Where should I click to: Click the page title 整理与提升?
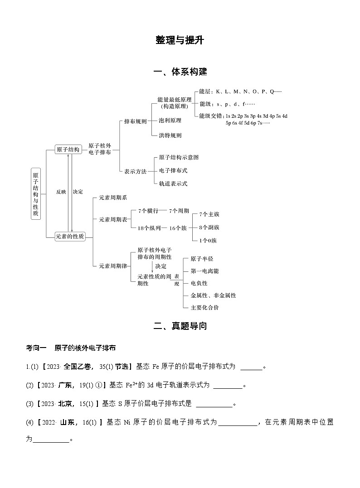(x=180, y=40)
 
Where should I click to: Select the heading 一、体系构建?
(x=180, y=72)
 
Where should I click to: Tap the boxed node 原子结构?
(x=68, y=150)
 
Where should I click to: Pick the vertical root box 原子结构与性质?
(x=36, y=194)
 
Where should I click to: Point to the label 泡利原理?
(x=170, y=121)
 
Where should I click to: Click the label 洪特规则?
(x=170, y=135)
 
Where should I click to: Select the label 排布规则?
(x=135, y=121)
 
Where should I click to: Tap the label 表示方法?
(x=135, y=171)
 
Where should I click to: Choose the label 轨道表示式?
(x=173, y=184)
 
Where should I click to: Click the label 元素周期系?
(x=113, y=198)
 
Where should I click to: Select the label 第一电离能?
(x=204, y=271)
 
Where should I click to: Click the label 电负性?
(x=199, y=283)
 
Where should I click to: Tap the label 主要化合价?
(x=204, y=308)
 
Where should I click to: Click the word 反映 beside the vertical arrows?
(x=61, y=192)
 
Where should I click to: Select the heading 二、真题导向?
(x=180, y=325)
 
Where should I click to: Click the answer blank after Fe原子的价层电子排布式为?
(x=251, y=367)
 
